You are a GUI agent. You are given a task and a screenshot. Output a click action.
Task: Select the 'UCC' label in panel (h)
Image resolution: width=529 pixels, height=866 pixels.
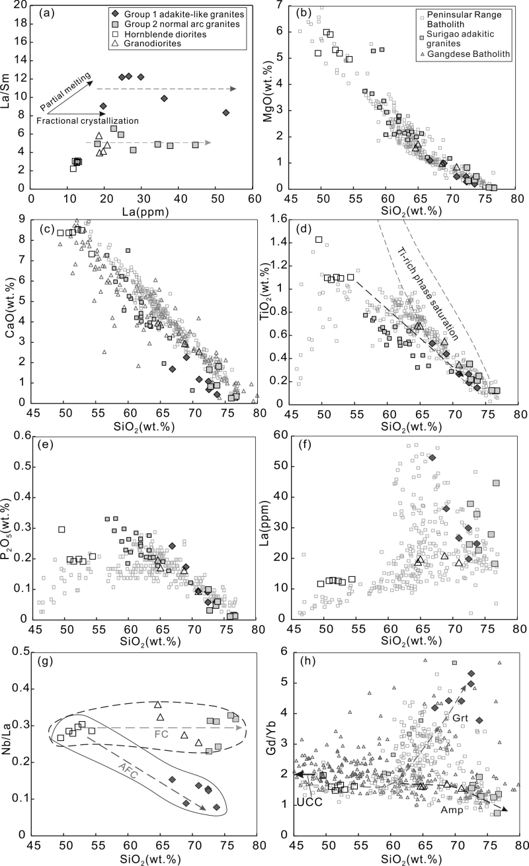coord(309,802)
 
